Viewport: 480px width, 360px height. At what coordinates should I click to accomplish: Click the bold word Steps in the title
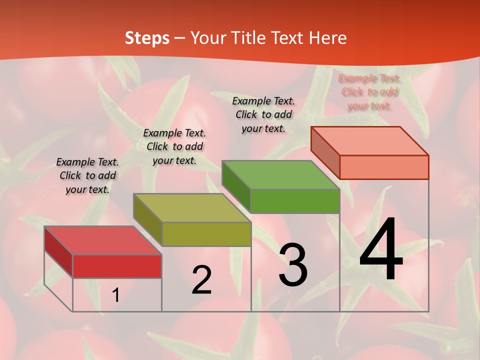click(x=147, y=38)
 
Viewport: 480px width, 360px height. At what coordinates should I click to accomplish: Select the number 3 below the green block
click(x=293, y=265)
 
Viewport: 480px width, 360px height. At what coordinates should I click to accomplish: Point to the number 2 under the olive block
click(x=201, y=280)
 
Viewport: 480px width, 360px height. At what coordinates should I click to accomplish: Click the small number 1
click(x=115, y=295)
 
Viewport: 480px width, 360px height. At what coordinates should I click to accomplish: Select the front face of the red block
click(x=117, y=266)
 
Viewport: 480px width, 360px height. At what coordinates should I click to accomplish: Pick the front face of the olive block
click(x=206, y=234)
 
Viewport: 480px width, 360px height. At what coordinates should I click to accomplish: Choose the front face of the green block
click(x=295, y=201)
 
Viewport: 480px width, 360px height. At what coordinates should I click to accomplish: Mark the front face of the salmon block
click(x=384, y=167)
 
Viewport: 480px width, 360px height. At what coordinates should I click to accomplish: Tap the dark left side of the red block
click(x=58, y=251)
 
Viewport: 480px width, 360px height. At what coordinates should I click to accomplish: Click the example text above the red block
click(x=87, y=176)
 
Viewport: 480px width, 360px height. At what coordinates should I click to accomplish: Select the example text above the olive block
click(x=174, y=146)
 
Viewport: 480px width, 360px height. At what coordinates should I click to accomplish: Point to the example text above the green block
click(x=263, y=114)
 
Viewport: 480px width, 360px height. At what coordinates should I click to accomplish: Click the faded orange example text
click(x=369, y=92)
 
